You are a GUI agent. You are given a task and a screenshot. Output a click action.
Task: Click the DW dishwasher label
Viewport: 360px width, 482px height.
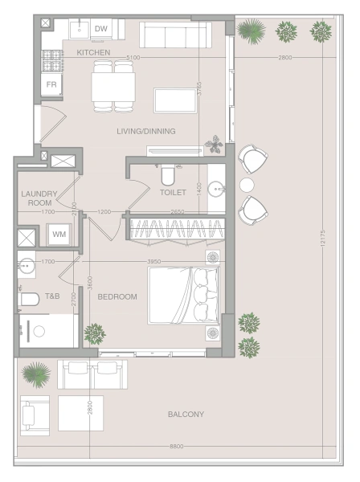[x=100, y=29]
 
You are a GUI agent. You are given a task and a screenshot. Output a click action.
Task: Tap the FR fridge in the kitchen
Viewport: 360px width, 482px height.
[x=51, y=84]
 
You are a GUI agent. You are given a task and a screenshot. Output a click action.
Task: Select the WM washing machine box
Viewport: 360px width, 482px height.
[x=59, y=235]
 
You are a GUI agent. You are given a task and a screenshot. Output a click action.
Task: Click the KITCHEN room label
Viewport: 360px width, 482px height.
[x=93, y=52]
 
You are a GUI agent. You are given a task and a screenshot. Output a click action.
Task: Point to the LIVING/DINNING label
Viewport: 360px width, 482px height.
[x=146, y=131]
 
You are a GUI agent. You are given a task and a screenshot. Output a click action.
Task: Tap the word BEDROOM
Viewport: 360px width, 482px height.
[x=117, y=296]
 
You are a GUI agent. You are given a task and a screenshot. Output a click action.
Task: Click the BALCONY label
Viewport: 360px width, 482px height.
[x=186, y=415]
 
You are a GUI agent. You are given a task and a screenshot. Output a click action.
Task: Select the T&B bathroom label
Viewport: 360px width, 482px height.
[x=52, y=296]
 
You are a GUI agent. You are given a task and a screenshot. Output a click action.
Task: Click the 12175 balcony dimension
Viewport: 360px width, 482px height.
[x=322, y=239]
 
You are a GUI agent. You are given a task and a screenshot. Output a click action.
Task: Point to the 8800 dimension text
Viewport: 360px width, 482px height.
[x=177, y=447]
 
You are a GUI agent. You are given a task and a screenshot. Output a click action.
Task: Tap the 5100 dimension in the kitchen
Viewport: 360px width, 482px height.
[x=133, y=58]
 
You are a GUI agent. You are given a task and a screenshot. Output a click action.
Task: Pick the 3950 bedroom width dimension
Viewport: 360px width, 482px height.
[x=153, y=262]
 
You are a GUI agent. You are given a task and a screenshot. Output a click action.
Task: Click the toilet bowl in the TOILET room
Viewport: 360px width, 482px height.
[x=168, y=175]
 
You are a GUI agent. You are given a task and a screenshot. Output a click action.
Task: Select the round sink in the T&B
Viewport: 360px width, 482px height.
[x=27, y=264]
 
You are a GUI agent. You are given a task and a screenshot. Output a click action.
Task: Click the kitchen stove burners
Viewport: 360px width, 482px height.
[x=51, y=60]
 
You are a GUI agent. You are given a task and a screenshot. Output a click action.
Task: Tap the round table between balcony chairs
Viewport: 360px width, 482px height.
[x=247, y=185]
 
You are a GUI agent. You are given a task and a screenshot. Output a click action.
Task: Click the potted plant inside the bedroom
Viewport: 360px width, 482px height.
[x=95, y=333]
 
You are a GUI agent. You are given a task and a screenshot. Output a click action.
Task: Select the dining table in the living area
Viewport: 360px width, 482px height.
[x=113, y=87]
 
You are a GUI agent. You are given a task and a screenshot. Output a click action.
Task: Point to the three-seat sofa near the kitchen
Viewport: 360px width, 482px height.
[x=175, y=35]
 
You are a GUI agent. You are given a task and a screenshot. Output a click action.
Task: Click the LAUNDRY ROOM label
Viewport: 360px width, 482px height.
[x=39, y=198]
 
